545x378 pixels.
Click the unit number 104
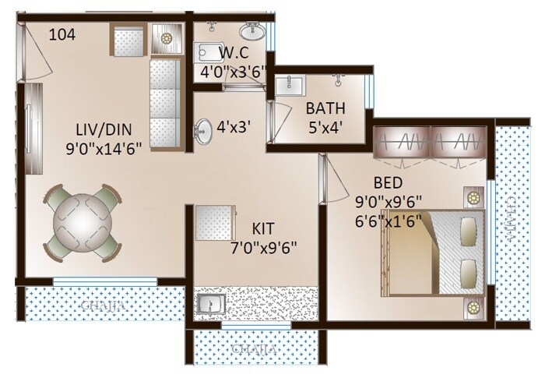62,34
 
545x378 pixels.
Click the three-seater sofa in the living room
164,101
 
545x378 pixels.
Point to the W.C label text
233,54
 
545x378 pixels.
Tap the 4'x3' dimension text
233,125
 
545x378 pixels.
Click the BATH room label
325,108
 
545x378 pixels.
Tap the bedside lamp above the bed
473,198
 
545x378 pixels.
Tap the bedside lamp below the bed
473,309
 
